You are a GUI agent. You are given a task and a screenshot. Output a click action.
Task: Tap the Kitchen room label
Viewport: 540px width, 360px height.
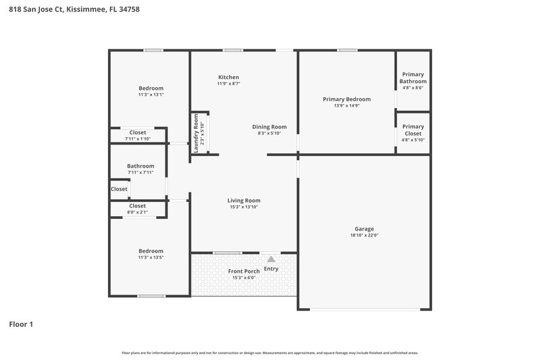point(228,77)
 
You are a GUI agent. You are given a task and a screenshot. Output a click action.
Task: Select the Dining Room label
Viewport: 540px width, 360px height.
point(269,126)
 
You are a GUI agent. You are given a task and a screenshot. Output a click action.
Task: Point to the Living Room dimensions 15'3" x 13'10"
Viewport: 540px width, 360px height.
point(244,207)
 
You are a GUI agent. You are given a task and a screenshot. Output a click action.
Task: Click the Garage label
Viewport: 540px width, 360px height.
point(364,228)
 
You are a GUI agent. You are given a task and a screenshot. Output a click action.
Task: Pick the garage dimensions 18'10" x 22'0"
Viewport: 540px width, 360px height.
point(364,236)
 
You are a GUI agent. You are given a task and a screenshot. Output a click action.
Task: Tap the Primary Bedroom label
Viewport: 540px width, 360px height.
point(346,99)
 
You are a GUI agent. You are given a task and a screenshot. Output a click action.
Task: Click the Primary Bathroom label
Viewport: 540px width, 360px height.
point(413,78)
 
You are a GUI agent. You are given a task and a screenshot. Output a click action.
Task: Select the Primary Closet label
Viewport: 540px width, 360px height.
point(413,130)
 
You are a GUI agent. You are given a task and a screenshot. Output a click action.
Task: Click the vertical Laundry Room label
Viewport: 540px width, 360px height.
point(196,132)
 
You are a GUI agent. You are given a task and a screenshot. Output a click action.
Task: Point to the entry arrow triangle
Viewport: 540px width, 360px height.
point(271,259)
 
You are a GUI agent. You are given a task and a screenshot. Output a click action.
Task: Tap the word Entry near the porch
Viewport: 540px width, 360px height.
point(271,269)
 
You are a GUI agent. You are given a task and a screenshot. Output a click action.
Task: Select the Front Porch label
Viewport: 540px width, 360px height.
point(244,271)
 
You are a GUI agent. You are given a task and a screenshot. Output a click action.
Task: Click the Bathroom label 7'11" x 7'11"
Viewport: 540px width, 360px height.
point(140,172)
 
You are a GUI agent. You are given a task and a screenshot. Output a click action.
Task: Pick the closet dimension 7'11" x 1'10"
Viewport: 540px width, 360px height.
point(138,138)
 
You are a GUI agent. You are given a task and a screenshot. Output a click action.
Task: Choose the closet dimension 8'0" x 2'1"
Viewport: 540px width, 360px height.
point(137,212)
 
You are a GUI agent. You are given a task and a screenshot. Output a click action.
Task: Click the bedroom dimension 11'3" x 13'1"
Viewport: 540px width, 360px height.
point(151,95)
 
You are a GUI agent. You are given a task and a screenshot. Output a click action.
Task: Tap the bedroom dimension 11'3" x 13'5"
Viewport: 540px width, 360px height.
point(151,257)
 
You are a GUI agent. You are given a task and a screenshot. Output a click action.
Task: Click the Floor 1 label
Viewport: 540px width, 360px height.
point(21,324)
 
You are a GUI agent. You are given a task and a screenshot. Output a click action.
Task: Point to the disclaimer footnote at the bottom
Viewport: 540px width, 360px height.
point(269,353)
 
